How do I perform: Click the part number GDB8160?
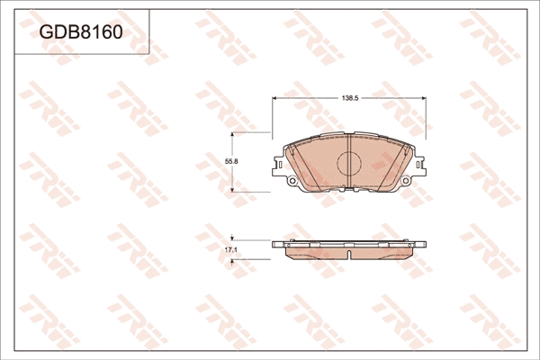pos(79,32)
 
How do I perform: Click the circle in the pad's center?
pos(348,164)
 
